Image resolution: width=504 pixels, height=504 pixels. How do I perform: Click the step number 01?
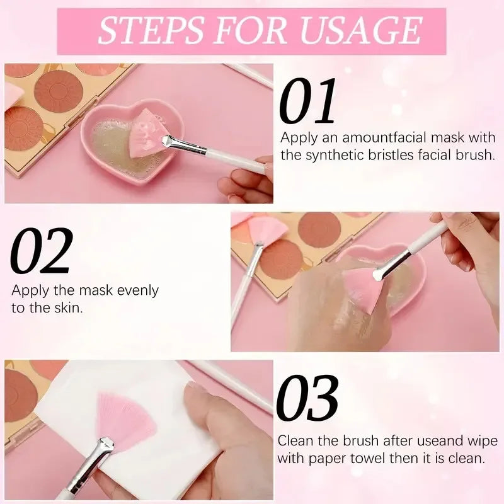point(308,101)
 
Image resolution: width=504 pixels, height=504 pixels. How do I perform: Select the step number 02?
point(42,253)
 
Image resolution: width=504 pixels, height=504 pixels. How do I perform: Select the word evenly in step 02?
point(137,291)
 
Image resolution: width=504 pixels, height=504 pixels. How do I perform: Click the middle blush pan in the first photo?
point(58,90)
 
